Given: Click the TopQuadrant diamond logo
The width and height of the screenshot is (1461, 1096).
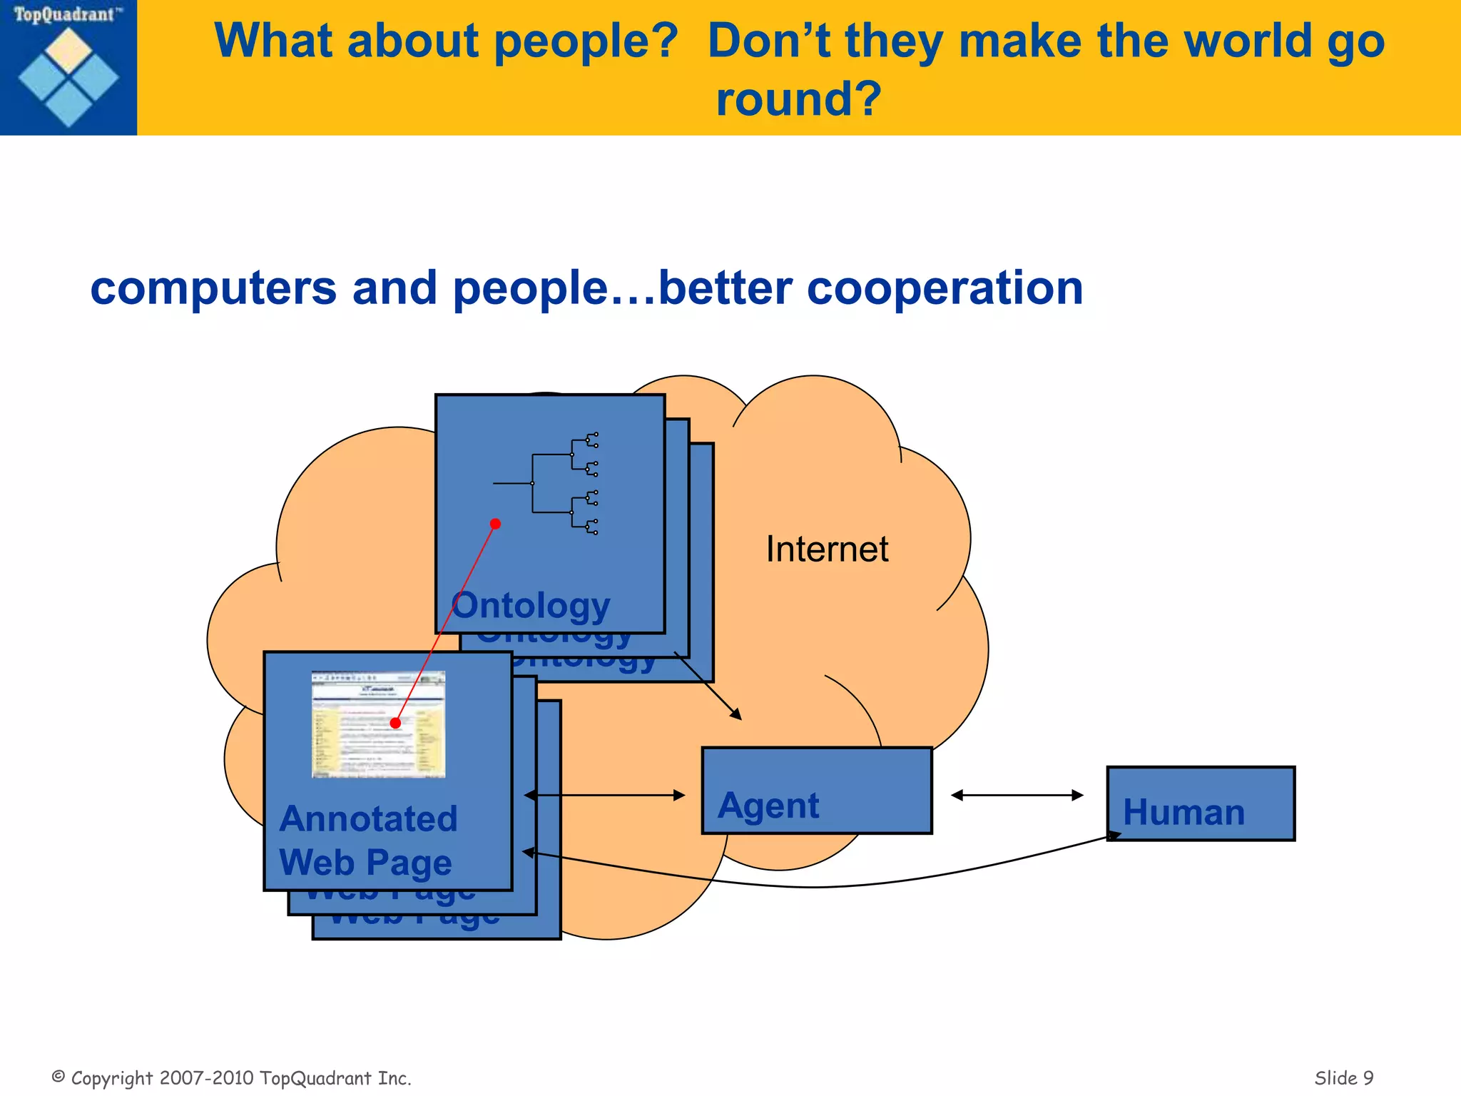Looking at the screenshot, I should (x=68, y=76).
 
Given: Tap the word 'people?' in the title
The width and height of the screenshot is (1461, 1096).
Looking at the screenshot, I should (x=585, y=41).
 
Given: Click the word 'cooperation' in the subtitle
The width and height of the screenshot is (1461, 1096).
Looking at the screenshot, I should (x=945, y=288).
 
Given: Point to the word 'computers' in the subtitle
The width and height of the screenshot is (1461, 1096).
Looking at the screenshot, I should (x=213, y=288).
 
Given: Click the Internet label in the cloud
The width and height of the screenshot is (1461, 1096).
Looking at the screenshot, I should (x=827, y=549).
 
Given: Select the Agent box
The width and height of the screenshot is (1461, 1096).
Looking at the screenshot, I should (x=817, y=791).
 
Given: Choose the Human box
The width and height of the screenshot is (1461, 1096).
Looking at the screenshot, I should (x=1201, y=803).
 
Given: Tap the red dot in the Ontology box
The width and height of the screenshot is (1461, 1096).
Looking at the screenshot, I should (x=495, y=524).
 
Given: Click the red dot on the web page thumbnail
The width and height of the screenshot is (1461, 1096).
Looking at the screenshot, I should (x=395, y=723).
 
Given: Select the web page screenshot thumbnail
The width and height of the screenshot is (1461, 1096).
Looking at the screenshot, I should (x=378, y=724).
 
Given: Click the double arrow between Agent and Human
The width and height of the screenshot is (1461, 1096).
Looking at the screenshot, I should (x=1017, y=795).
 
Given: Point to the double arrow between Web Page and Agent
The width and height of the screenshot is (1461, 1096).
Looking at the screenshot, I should (x=605, y=795).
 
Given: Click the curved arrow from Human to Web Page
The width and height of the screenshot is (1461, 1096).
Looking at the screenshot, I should (x=820, y=886).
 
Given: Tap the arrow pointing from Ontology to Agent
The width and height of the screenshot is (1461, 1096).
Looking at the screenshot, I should (x=708, y=686).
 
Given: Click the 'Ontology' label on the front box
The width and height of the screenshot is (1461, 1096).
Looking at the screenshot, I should (x=531, y=606).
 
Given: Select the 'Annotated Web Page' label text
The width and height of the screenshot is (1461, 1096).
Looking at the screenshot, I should (x=367, y=841).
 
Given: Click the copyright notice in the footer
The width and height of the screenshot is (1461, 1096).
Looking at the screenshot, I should (x=232, y=1077).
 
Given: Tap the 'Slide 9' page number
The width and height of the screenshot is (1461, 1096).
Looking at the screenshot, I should (x=1344, y=1077).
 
